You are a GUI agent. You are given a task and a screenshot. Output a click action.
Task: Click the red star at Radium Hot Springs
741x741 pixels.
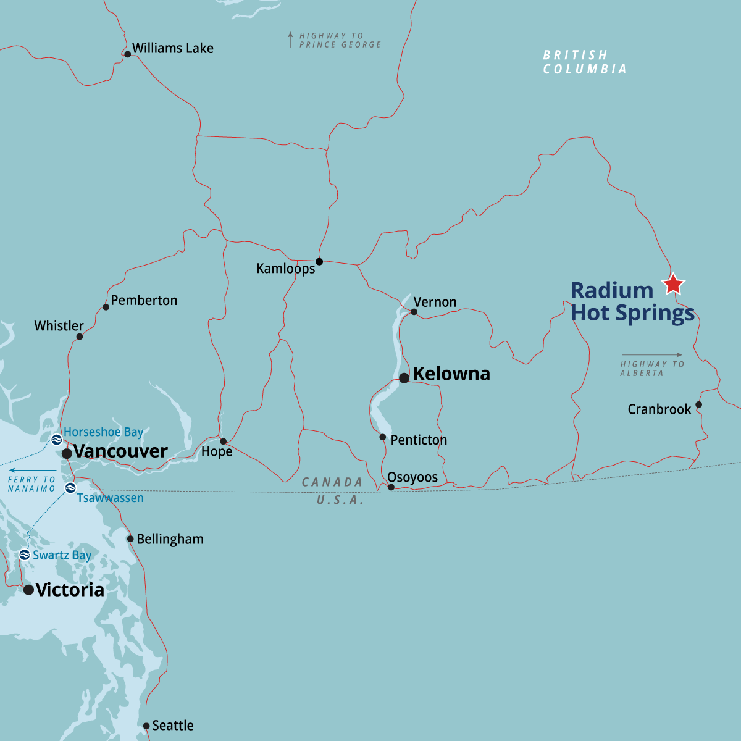click(x=673, y=284)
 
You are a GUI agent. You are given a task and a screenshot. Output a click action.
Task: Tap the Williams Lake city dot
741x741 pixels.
click(x=127, y=54)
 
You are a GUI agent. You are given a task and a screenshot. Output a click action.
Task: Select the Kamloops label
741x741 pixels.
click(x=285, y=269)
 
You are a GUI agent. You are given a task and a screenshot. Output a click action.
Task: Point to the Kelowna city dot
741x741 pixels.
click(x=404, y=378)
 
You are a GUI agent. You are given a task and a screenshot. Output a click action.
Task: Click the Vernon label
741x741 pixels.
click(x=435, y=302)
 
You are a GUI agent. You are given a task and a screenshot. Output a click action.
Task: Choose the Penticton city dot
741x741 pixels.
click(x=383, y=437)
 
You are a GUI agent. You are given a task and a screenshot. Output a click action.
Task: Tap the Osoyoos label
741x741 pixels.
click(x=412, y=477)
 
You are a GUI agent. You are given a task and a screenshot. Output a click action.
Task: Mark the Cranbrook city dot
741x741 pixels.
click(x=698, y=405)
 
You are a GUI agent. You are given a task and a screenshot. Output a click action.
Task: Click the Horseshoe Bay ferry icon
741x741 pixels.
click(x=56, y=440)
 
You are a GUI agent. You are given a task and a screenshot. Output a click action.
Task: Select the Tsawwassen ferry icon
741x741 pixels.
click(x=70, y=488)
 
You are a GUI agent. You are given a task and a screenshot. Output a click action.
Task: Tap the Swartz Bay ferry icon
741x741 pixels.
click(x=25, y=555)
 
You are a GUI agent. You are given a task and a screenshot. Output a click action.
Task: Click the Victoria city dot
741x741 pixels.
click(x=28, y=590)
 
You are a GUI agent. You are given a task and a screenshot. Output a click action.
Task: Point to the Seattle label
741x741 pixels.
click(x=173, y=726)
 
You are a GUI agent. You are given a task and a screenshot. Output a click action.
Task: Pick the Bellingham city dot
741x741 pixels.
click(x=130, y=539)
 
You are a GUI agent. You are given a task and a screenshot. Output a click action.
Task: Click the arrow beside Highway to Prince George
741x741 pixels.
click(x=290, y=40)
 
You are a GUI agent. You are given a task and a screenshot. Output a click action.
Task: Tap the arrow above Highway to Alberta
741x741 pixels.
click(x=651, y=355)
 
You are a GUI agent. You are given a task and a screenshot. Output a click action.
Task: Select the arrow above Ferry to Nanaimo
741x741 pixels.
click(x=32, y=471)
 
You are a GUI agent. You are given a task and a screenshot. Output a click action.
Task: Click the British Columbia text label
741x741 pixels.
click(x=585, y=62)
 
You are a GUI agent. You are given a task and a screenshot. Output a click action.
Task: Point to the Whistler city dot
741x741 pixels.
click(x=80, y=337)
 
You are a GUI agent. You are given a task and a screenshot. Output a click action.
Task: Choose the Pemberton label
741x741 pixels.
click(x=144, y=301)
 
